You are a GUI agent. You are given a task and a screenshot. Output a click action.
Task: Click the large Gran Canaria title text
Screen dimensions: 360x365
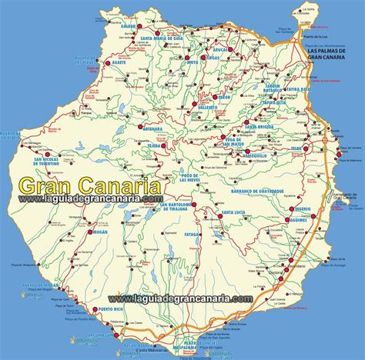89,186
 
